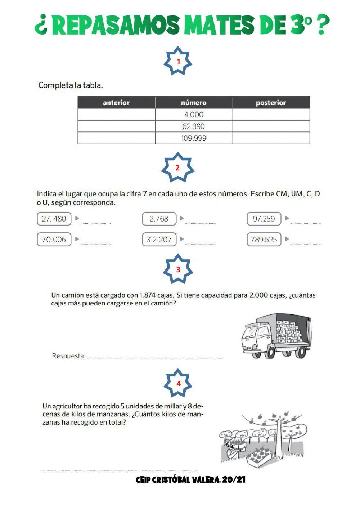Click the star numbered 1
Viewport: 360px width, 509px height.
click(x=178, y=61)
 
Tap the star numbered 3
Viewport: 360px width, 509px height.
click(x=178, y=269)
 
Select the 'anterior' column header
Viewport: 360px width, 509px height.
click(x=116, y=103)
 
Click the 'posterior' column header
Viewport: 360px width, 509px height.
click(x=271, y=103)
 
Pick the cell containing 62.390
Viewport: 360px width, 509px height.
click(x=194, y=126)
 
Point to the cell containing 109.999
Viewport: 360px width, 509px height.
click(x=194, y=138)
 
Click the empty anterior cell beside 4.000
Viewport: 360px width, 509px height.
click(x=116, y=115)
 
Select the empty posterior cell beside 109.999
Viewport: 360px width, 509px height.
click(x=271, y=138)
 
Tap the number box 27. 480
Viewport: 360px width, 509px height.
click(x=54, y=219)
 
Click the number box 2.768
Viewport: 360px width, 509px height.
click(x=159, y=219)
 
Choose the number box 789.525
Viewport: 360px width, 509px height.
click(x=264, y=240)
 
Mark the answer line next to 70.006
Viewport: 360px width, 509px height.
click(x=95, y=242)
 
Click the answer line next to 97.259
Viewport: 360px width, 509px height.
click(x=305, y=221)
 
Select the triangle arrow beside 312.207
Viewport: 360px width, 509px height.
click(x=182, y=239)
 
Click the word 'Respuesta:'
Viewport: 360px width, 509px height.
click(x=69, y=356)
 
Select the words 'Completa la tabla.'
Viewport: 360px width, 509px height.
click(x=71, y=85)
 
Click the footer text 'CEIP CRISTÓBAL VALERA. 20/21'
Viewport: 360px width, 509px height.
click(x=190, y=480)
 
